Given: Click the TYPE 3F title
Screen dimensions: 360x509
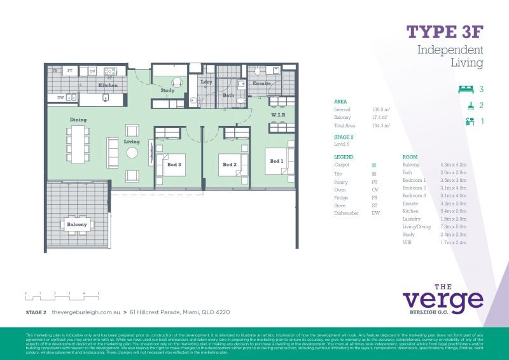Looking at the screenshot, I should click(x=445, y=32).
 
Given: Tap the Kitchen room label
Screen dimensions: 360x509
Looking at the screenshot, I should click(x=108, y=85).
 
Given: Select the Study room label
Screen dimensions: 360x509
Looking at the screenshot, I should click(x=167, y=91).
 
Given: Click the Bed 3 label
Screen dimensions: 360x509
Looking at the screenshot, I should click(x=174, y=164).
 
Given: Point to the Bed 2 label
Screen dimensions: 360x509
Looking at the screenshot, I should click(x=230, y=165).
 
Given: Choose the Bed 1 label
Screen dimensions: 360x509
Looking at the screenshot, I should click(x=275, y=161).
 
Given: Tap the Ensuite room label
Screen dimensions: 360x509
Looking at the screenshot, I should click(x=261, y=83).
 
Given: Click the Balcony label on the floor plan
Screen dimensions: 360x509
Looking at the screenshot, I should click(x=77, y=225).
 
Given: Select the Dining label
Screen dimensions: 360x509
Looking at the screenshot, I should click(x=78, y=120).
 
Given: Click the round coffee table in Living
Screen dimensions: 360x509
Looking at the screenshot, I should click(x=132, y=153).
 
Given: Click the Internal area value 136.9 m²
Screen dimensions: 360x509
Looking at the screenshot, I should click(x=380, y=109).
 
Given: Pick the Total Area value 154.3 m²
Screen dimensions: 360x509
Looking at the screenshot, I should click(x=380, y=126).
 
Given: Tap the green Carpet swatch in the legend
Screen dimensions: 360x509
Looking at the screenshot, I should click(x=374, y=165).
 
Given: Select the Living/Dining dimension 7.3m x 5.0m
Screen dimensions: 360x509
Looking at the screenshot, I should click(x=454, y=226).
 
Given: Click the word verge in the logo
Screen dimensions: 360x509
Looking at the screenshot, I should click(x=443, y=298).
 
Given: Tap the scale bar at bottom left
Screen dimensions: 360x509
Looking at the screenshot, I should click(x=62, y=296).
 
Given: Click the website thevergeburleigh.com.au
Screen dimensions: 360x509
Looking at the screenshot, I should click(x=85, y=312).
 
